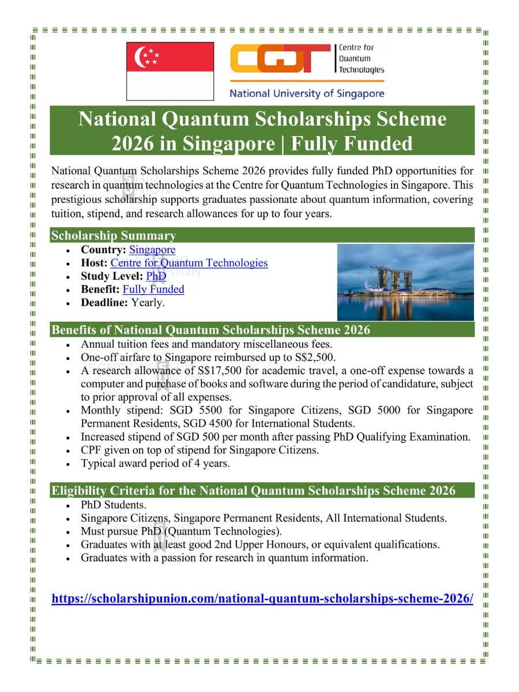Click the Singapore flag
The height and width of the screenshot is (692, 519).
(x=170, y=72)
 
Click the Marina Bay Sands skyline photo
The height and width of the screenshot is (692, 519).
(x=405, y=282)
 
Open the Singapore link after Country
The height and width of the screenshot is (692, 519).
(x=152, y=250)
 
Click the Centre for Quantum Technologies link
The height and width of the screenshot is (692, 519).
(x=189, y=263)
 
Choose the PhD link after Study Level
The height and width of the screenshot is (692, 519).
(x=156, y=276)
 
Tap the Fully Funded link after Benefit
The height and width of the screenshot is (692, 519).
(x=153, y=289)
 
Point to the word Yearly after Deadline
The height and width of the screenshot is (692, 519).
(x=148, y=302)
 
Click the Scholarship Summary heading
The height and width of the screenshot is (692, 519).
(x=114, y=235)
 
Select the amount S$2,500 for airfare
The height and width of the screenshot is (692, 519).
(x=314, y=357)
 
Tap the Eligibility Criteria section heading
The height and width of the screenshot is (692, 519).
(x=253, y=491)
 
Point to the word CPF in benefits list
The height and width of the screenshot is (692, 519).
(x=92, y=450)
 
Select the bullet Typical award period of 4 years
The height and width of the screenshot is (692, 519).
(x=155, y=463)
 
